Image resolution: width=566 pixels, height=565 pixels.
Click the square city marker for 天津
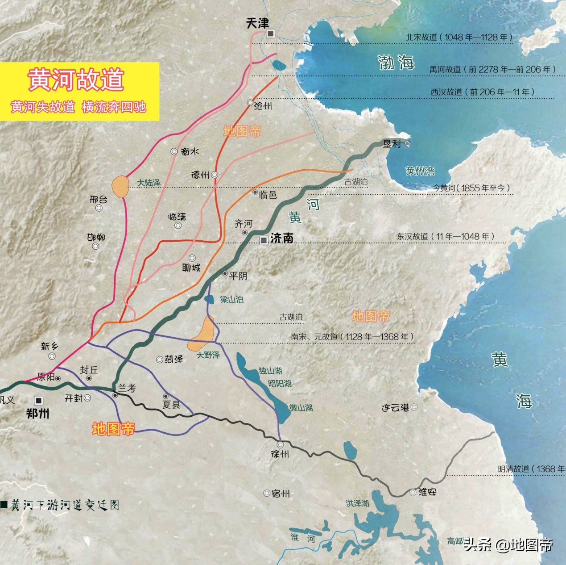pyautogui.click(x=270, y=33)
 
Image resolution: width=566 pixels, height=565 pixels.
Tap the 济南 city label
pyautogui.click(x=282, y=239)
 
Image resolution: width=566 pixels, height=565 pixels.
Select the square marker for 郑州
pyautogui.click(x=39, y=400)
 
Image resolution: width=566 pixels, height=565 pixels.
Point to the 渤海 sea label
pyautogui.click(x=396, y=63)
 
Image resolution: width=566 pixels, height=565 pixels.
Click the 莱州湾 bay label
pyautogui.click(x=420, y=171)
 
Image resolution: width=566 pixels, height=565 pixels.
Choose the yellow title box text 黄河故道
pyautogui.click(x=76, y=80)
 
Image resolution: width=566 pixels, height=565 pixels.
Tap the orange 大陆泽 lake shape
pyautogui.click(x=120, y=187)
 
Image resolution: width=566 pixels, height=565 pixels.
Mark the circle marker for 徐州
pyautogui.click(x=280, y=445)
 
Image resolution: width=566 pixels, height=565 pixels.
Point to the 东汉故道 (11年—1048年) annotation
pyautogui.click(x=446, y=236)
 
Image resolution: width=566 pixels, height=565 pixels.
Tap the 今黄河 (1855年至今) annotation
pyautogui.click(x=471, y=188)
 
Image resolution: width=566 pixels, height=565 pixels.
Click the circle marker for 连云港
pyautogui.click(x=414, y=407)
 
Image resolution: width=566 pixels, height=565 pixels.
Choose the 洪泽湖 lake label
pyautogui.click(x=357, y=503)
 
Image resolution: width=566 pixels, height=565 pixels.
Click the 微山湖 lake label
pyautogui.click(x=301, y=408)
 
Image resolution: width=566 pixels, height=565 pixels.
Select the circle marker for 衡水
pyautogui.click(x=174, y=152)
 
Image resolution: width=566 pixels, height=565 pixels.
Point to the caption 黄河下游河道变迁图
pyautogui.click(x=65, y=505)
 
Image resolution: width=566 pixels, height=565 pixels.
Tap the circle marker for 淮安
pyautogui.click(x=413, y=492)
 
